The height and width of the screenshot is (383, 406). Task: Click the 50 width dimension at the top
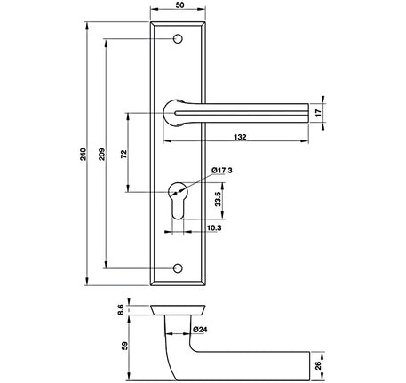pyautogui.click(x=180, y=6)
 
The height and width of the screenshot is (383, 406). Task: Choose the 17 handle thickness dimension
pyautogui.click(x=330, y=112)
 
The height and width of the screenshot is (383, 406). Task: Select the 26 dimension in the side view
pyautogui.click(x=330, y=364)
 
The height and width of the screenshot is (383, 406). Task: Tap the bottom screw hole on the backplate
pyautogui.click(x=180, y=267)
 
